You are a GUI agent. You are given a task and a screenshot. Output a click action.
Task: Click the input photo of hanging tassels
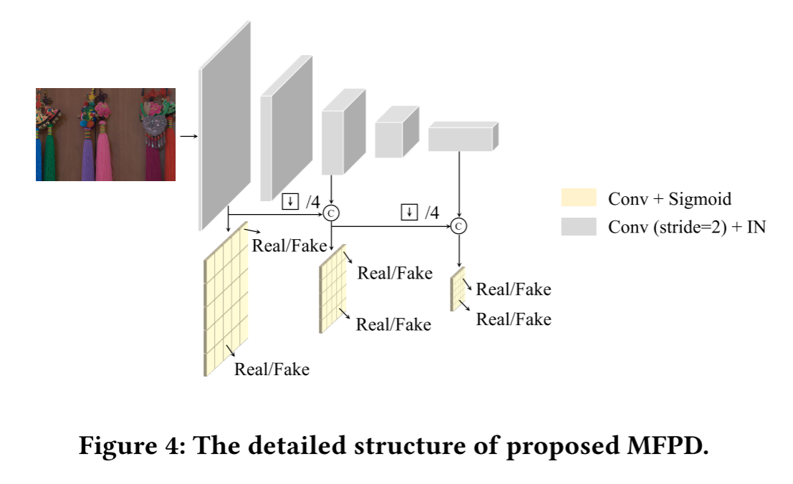coord(105,134)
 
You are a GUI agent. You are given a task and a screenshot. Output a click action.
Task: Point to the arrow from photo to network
coord(188,135)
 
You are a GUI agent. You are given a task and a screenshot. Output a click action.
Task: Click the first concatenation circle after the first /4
coord(331,212)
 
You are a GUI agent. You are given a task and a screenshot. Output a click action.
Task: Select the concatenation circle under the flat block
coord(458,226)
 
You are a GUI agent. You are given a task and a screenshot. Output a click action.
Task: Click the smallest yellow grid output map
coord(458,289)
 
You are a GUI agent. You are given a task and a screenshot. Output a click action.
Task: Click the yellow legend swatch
coord(579,198)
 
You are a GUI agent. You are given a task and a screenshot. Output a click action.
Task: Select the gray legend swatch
coord(579,227)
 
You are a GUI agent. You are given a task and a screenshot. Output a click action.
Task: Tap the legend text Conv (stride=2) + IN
coord(686,228)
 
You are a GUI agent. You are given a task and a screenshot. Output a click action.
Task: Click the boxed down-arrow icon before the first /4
coord(290,201)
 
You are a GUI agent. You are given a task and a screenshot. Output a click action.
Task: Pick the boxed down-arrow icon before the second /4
coord(409,213)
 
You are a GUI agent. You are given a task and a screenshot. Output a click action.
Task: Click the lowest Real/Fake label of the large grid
coord(271,369)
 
